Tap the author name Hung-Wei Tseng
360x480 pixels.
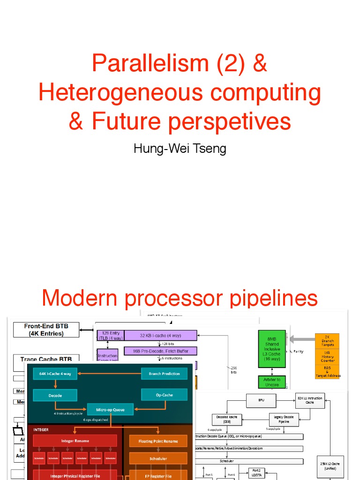pos(180,149)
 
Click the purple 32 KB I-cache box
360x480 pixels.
pos(160,335)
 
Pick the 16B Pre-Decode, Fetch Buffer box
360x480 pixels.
pos(160,351)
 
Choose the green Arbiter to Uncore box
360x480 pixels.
pos(272,382)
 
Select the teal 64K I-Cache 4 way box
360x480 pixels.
pos(55,374)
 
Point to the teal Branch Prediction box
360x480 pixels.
pos(164,374)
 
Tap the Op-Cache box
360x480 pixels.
pos(164,395)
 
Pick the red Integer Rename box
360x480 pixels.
pos(75,441)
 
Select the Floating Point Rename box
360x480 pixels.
pos(158,441)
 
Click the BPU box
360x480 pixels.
pos(261,401)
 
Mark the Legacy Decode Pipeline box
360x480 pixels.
pos(283,419)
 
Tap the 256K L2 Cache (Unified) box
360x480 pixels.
pos(330,466)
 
